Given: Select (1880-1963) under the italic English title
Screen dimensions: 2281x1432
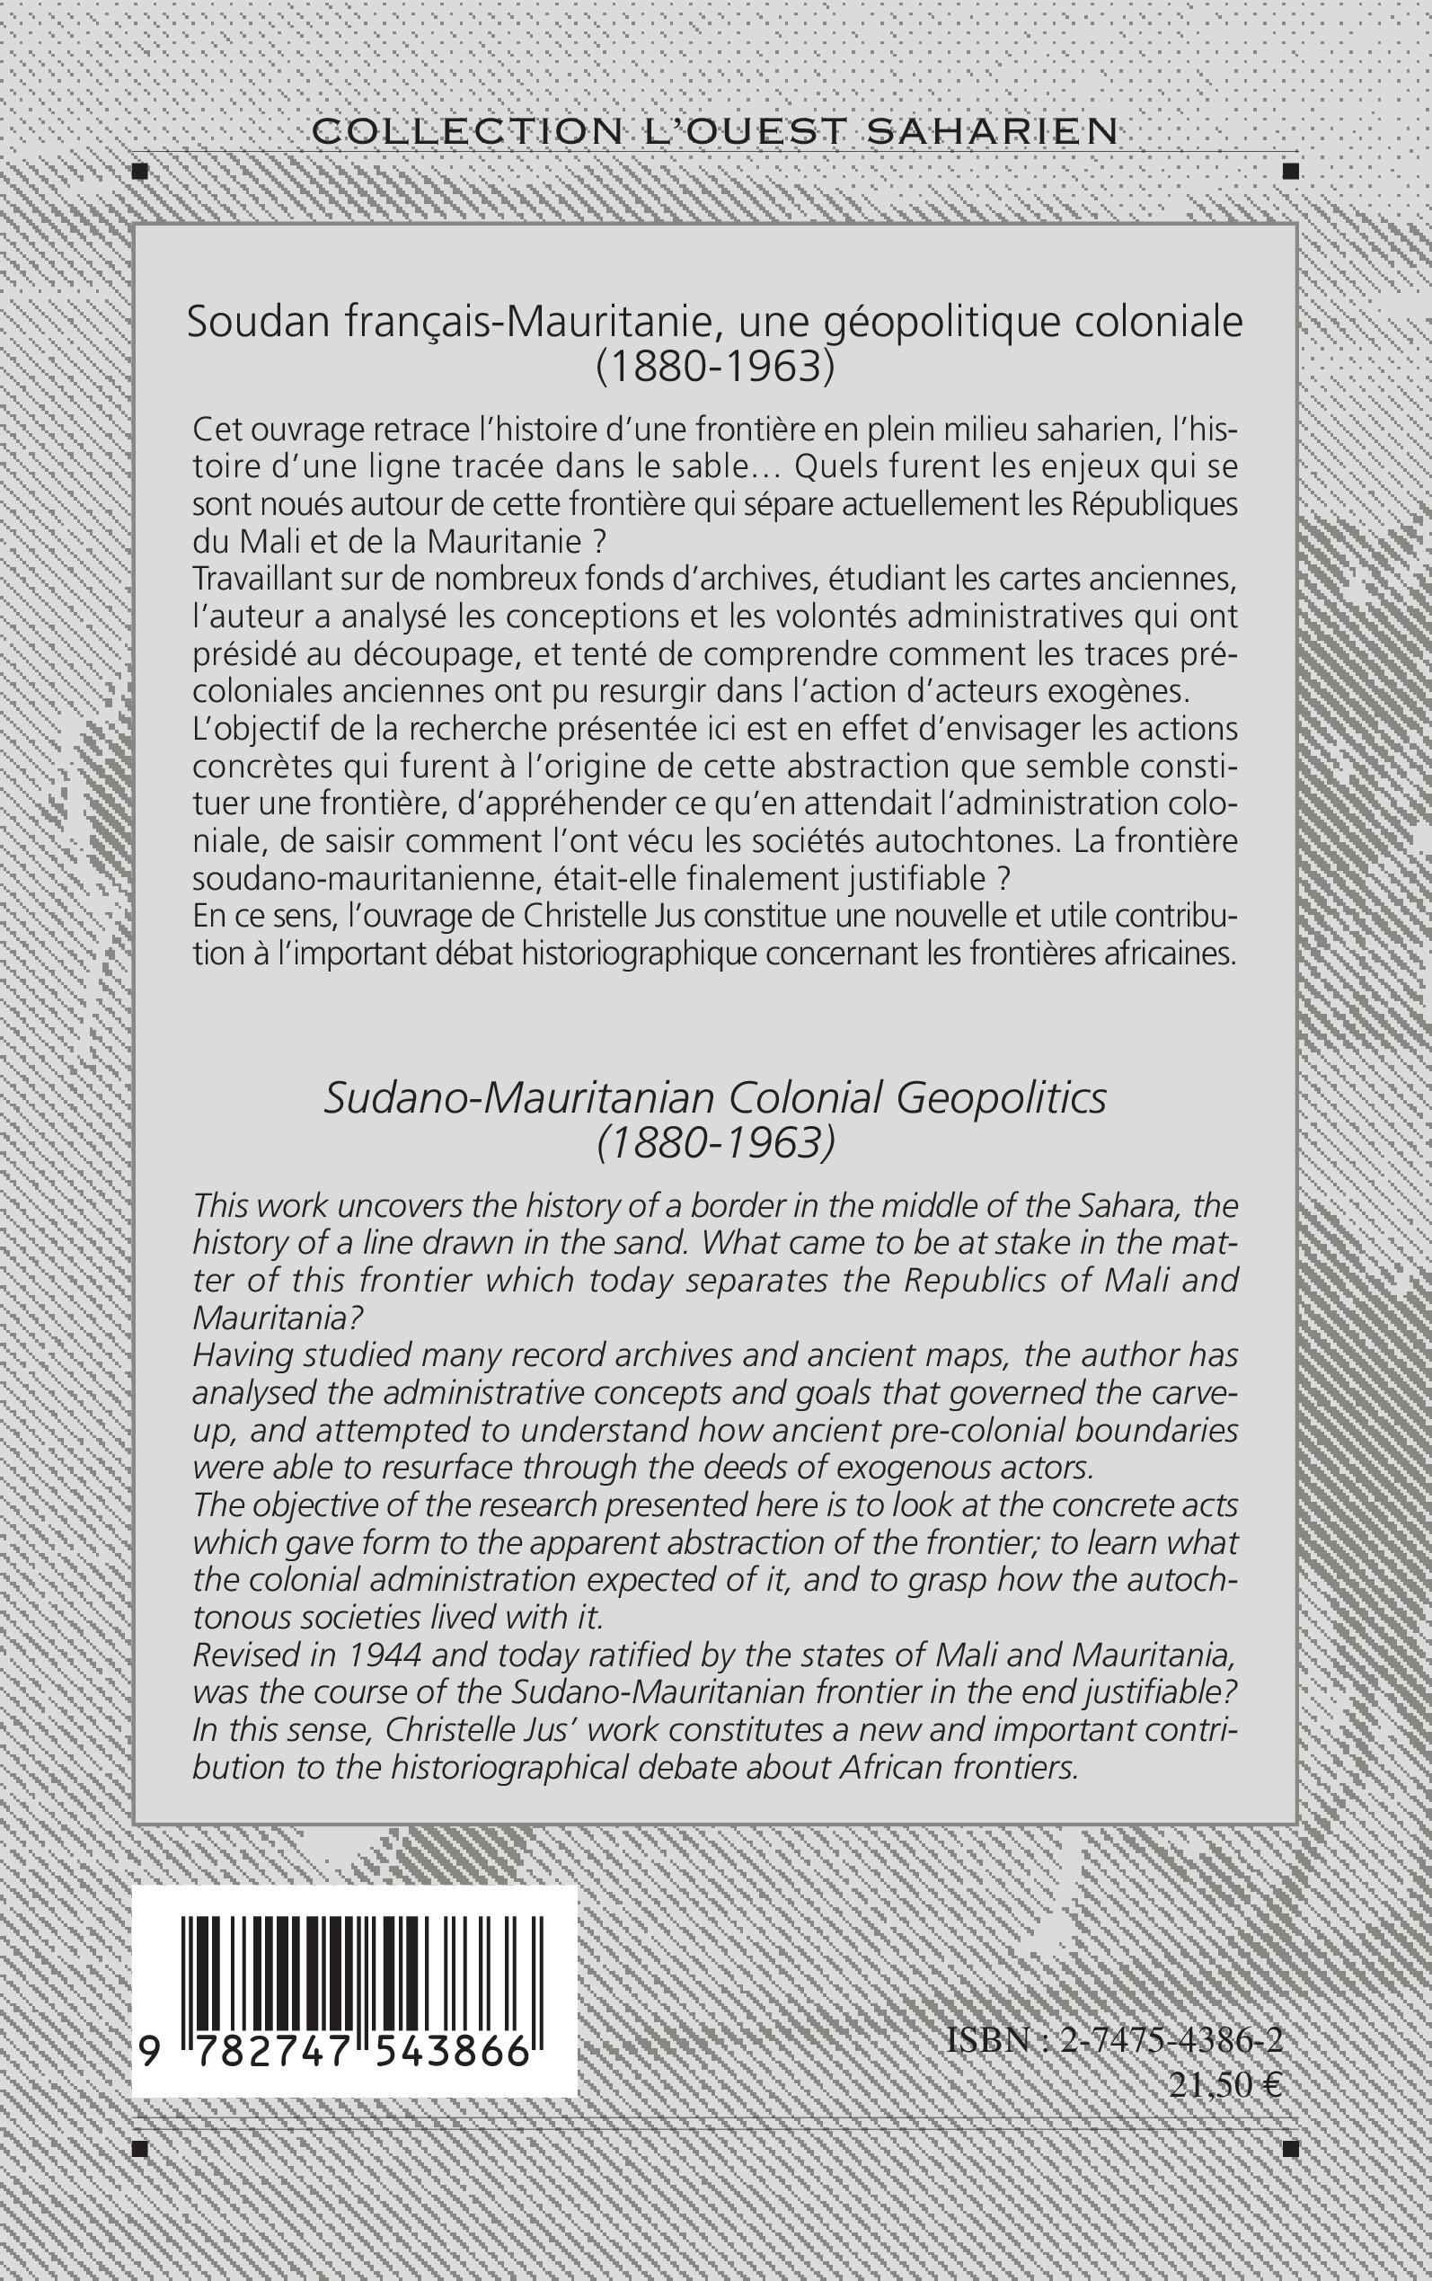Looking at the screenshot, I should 716,1143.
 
